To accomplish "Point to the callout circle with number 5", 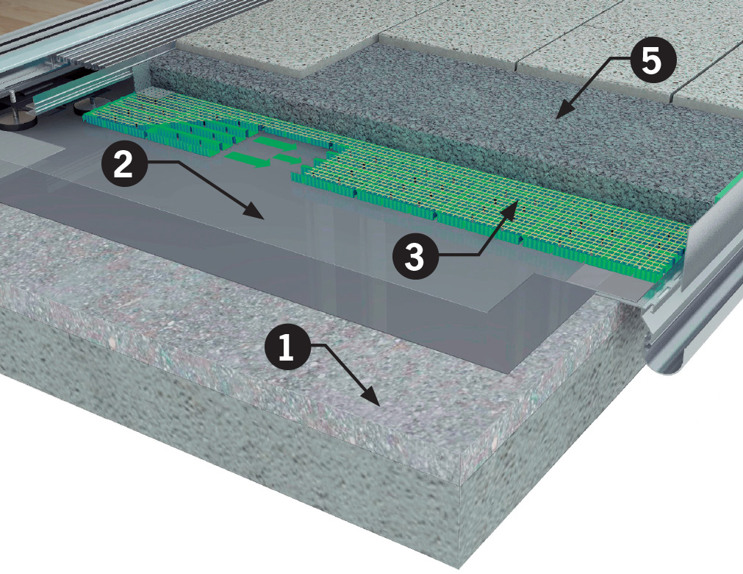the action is [x=651, y=60].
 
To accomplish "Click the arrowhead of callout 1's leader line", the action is [x=373, y=397].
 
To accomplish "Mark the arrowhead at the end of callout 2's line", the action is [x=254, y=212].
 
